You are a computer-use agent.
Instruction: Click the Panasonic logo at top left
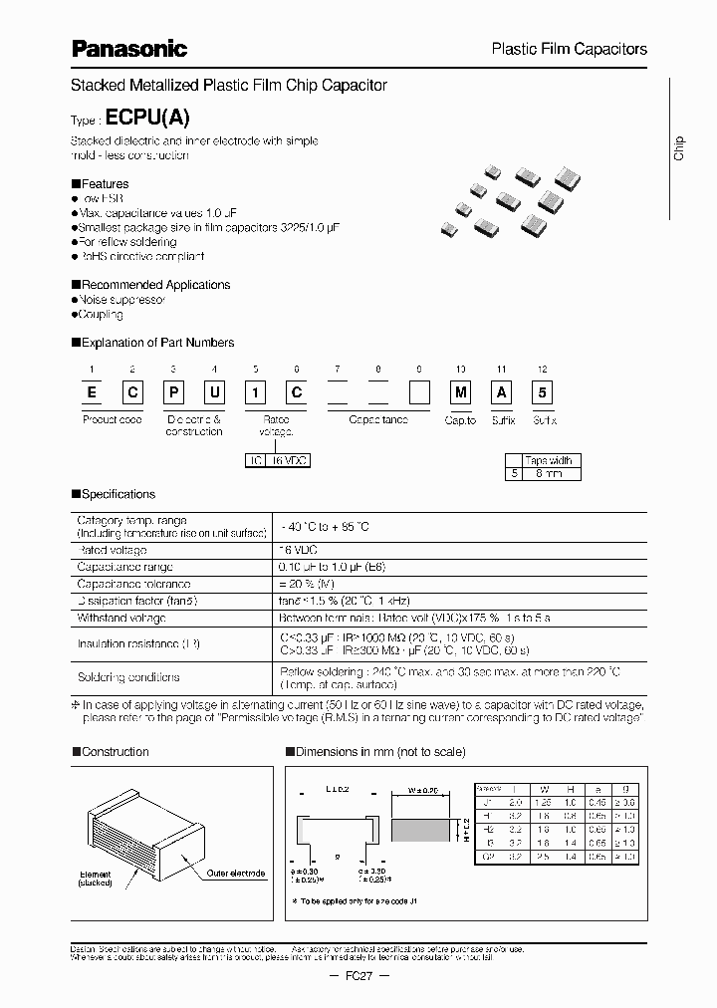(129, 48)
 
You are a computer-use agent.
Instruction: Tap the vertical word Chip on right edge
(679, 148)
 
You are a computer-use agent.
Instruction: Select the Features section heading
(105, 184)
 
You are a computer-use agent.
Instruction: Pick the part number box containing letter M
(460, 393)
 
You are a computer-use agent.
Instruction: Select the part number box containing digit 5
(542, 393)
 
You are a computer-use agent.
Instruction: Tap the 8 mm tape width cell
(550, 475)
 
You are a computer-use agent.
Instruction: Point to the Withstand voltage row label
(114, 618)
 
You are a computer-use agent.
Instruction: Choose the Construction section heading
(115, 752)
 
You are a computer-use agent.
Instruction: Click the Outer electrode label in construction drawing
(236, 874)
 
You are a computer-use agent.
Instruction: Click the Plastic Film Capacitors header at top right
(570, 49)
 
